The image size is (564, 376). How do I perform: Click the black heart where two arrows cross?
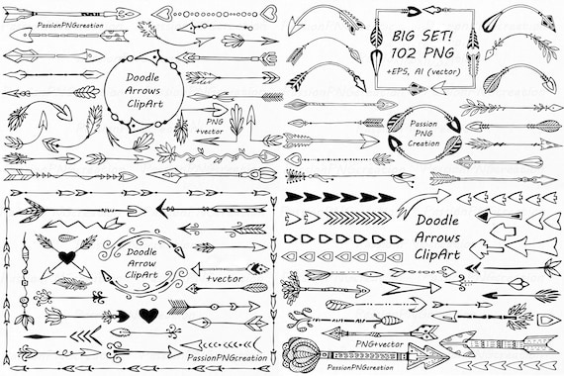(67, 259)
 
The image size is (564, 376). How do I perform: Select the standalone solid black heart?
(147, 316)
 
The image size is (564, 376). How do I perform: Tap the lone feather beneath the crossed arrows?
(69, 283)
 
